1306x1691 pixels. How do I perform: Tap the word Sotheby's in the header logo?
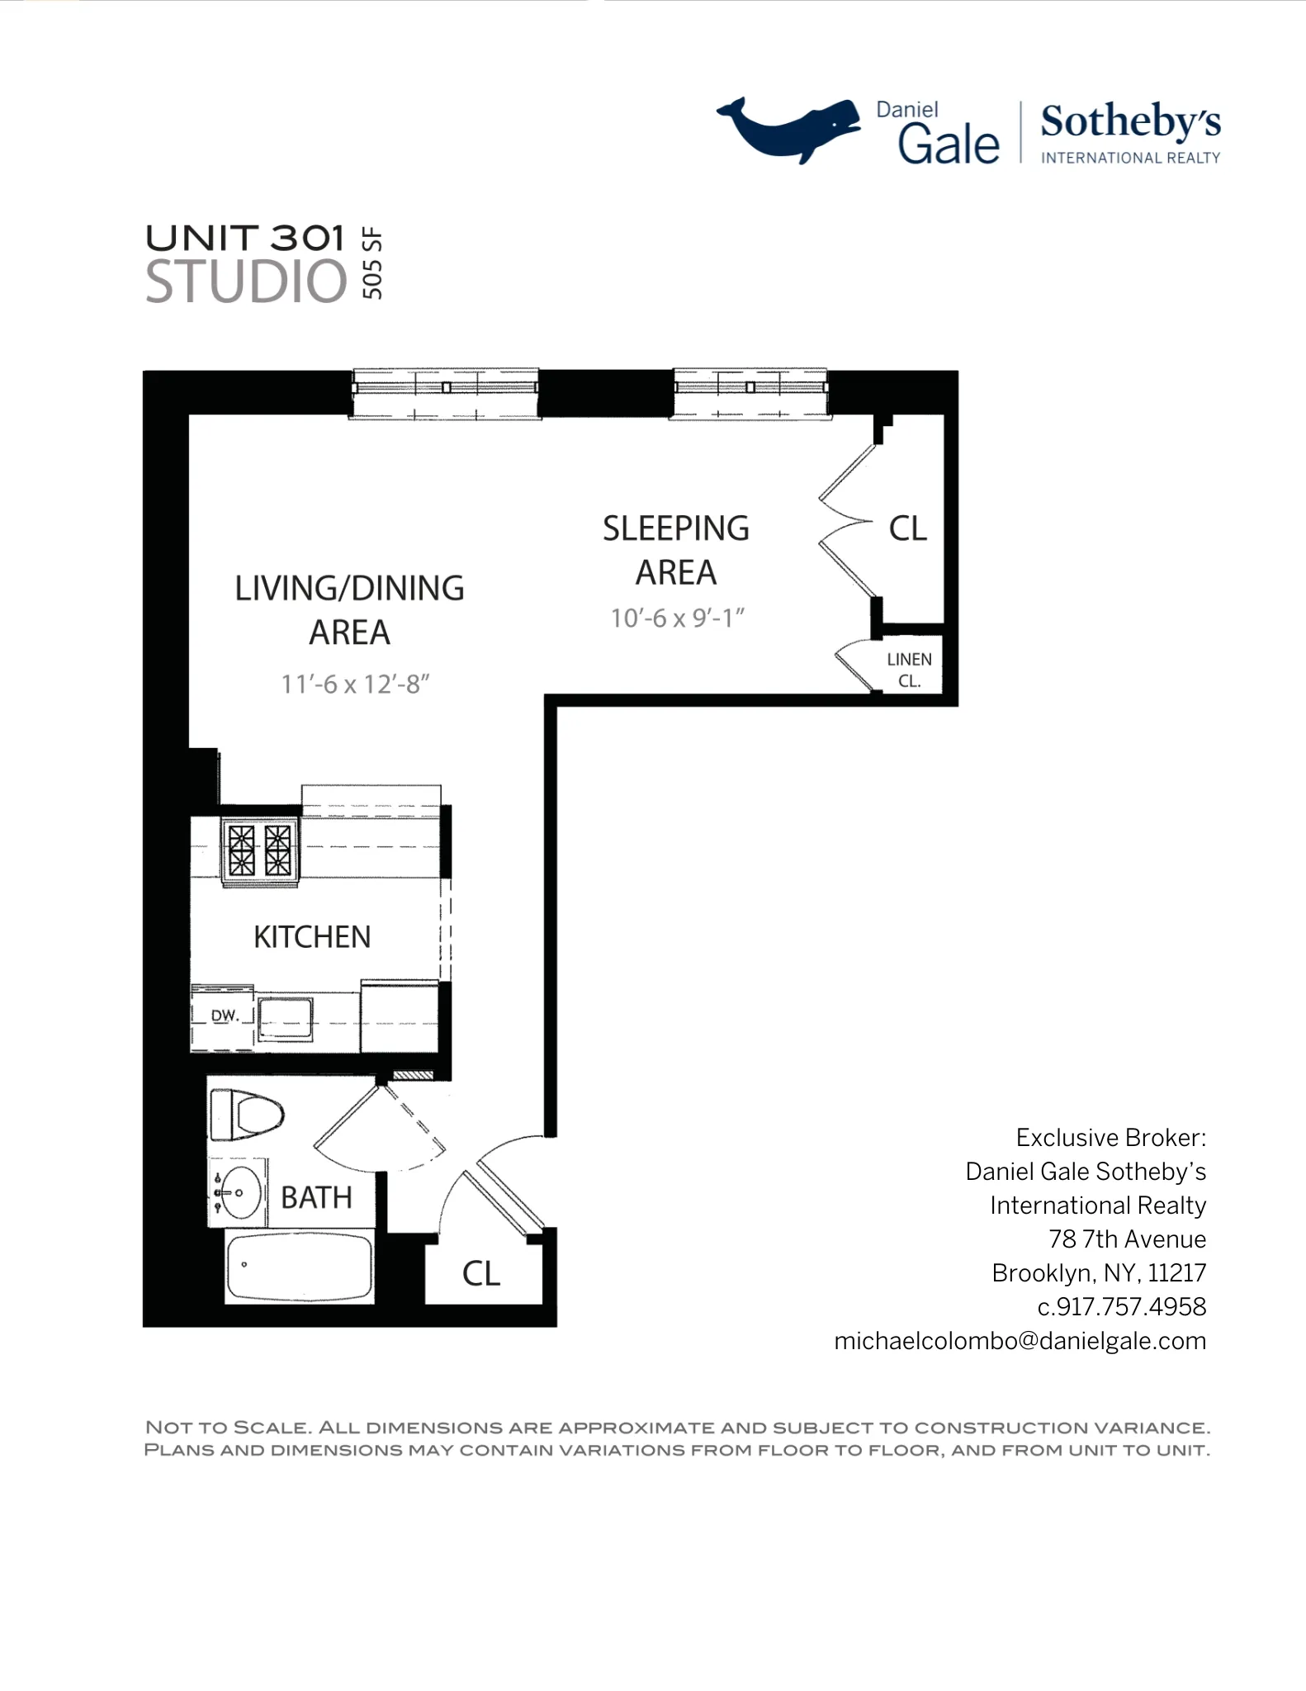pos(1129,122)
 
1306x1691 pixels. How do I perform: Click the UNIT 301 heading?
pos(245,238)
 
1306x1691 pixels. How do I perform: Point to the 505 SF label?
pos(372,263)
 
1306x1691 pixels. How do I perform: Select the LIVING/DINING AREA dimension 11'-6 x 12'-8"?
pos(355,684)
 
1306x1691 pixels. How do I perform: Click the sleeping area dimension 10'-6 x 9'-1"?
pos(677,618)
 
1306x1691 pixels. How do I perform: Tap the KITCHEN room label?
pos(311,937)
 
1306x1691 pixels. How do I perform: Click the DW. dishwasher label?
pos(224,1016)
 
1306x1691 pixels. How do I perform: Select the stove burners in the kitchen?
pos(260,850)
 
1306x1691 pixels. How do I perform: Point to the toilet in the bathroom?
pos(248,1115)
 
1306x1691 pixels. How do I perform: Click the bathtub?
pos(299,1267)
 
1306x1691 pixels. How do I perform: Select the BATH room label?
pos(316,1197)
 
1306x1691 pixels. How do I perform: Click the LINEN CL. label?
pos(909,670)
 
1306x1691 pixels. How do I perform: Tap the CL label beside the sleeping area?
pos(907,528)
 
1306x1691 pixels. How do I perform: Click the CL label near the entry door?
pos(481,1273)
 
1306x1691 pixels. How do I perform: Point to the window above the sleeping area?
pos(749,394)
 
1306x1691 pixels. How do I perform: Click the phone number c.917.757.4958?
pos(1121,1307)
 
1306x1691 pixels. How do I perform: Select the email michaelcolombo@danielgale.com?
pos(1020,1341)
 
